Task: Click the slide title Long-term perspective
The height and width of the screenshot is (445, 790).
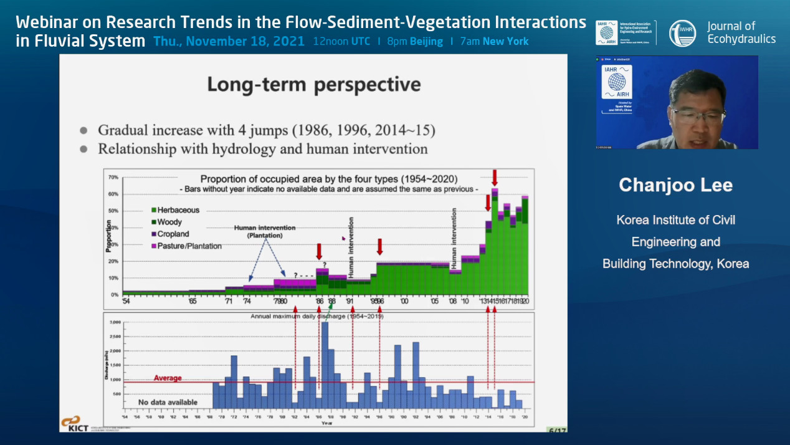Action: pos(313,84)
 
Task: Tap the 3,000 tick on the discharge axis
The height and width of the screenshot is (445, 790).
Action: pos(115,322)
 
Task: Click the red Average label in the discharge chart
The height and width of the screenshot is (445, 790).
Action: pos(168,378)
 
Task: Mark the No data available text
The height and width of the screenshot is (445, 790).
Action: pos(168,403)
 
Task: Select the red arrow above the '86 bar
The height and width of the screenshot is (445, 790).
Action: pos(319,251)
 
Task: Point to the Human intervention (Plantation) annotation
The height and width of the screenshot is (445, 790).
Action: pos(265,231)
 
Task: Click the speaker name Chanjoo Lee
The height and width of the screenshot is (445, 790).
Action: pos(675,185)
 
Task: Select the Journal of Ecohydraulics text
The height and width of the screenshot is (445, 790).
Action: pos(741,32)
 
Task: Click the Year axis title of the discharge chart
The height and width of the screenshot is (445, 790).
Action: pos(326,423)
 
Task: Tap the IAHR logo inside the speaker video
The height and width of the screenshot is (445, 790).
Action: pos(616,82)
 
